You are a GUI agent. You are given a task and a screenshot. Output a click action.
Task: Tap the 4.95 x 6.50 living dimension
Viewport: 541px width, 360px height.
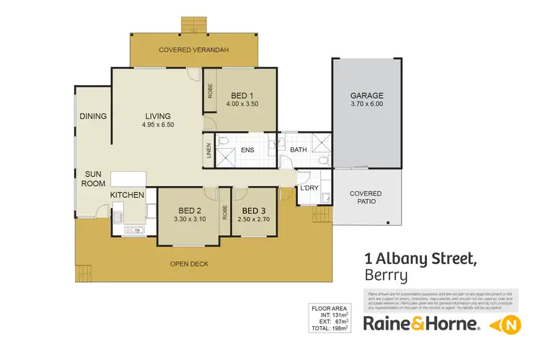click(157, 125)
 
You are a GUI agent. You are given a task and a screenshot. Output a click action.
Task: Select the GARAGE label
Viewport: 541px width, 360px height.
click(366, 95)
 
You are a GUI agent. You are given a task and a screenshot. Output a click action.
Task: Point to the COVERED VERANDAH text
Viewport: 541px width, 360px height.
click(193, 49)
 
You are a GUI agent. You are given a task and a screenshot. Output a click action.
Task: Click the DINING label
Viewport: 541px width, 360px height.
click(94, 116)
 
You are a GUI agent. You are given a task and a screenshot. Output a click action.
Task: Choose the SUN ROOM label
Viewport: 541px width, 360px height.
click(94, 179)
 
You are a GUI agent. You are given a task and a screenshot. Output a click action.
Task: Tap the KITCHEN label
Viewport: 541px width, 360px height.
click(127, 195)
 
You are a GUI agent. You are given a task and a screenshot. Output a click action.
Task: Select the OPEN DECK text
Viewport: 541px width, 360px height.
click(189, 264)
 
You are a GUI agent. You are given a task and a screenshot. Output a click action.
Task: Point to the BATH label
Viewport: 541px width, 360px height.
click(299, 150)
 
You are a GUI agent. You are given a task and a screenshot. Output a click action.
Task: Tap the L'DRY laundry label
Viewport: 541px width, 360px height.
click(309, 188)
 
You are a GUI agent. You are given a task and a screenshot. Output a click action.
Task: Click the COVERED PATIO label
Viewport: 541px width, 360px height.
click(366, 198)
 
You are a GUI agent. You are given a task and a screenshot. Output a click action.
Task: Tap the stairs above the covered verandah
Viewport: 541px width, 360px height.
click(193, 24)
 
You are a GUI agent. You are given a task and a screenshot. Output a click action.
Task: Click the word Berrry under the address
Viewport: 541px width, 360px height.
click(386, 275)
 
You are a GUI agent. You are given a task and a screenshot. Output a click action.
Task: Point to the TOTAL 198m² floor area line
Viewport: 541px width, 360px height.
click(329, 328)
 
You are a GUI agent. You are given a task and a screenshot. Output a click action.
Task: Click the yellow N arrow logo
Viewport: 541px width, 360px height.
click(504, 325)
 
